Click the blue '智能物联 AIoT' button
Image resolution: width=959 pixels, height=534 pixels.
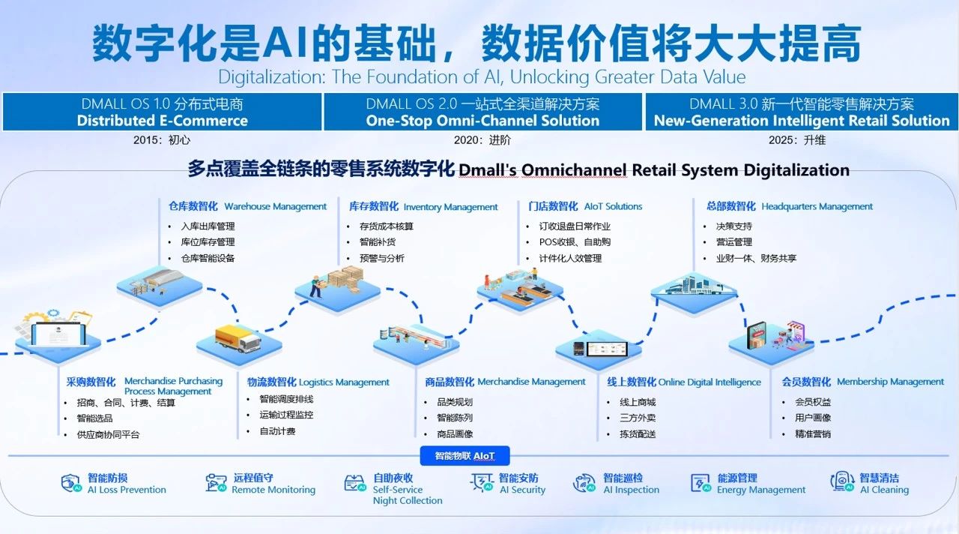coord(465,455)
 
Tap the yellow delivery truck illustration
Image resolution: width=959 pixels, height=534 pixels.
coord(238,338)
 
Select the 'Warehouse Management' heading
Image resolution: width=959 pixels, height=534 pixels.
coord(275,206)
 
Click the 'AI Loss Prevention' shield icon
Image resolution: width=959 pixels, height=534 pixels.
coord(71,483)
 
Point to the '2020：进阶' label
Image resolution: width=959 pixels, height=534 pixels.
coord(482,140)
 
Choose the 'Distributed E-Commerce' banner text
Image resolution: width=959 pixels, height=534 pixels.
coord(163,121)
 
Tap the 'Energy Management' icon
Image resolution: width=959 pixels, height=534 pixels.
coord(701,483)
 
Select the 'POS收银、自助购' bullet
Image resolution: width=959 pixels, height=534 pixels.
coord(575,242)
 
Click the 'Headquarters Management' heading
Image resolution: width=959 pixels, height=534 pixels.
coord(817,206)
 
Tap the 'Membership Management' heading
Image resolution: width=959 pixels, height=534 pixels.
coord(891,382)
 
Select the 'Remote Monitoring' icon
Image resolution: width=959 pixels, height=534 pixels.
coord(216,482)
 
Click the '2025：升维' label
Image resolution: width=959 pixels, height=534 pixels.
coord(797,140)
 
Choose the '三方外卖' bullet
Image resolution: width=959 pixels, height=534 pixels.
coord(638,418)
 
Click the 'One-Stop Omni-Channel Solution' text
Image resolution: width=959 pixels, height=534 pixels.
coord(482,121)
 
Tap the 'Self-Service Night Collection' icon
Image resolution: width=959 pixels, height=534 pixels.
coord(355,483)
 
